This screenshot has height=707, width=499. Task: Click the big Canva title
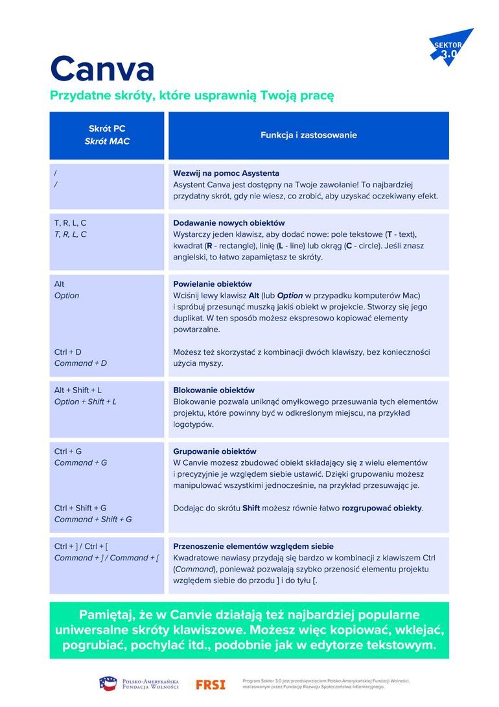click(x=102, y=68)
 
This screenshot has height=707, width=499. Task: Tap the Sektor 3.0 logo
click(x=450, y=47)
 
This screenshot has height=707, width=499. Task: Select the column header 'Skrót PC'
click(x=107, y=129)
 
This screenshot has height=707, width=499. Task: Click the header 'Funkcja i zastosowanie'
click(x=308, y=136)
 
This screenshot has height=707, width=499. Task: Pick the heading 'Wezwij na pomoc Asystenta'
click(x=226, y=173)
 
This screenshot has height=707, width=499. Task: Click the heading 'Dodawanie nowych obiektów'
click(x=229, y=222)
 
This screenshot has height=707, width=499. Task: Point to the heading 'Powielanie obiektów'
click(x=213, y=284)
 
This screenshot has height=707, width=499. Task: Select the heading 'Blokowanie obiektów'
click(x=214, y=390)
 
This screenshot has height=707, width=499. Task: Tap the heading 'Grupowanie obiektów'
click(x=215, y=451)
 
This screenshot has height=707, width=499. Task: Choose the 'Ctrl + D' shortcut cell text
click(x=68, y=352)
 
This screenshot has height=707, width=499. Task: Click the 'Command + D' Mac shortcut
click(x=80, y=363)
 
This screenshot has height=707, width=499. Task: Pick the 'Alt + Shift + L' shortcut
click(x=78, y=390)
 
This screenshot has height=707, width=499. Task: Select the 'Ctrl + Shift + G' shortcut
click(x=80, y=508)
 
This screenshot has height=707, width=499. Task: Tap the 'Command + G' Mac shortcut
click(x=80, y=462)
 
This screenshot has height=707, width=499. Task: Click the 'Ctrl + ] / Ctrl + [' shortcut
click(x=90, y=547)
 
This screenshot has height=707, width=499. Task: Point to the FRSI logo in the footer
click(x=210, y=684)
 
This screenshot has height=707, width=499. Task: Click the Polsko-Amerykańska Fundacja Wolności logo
click(x=139, y=684)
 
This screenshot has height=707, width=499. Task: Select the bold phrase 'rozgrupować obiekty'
click(x=382, y=508)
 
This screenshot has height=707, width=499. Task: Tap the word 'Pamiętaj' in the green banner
click(x=107, y=615)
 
